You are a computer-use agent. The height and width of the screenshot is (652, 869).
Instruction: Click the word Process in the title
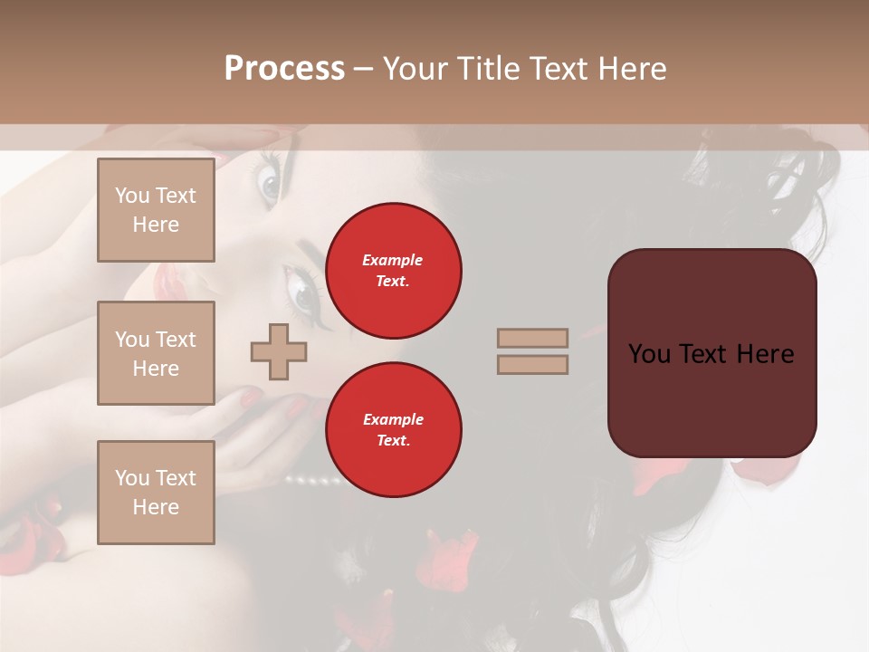[284, 68]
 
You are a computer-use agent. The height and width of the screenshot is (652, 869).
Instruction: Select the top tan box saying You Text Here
[156, 210]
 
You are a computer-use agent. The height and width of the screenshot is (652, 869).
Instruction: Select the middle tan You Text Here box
[156, 353]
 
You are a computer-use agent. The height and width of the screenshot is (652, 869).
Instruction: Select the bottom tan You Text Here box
[156, 493]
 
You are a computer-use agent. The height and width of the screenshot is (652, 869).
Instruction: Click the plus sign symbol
[279, 351]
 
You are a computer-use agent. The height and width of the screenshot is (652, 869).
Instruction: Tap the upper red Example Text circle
[393, 270]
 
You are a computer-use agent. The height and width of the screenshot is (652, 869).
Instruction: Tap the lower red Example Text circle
[393, 429]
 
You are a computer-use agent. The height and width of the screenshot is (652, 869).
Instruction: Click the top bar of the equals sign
[532, 338]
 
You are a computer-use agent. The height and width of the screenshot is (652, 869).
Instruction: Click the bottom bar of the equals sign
[532, 364]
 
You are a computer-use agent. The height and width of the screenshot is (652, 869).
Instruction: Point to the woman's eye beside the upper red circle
[302, 295]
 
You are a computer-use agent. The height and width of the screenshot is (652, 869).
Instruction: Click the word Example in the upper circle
[393, 260]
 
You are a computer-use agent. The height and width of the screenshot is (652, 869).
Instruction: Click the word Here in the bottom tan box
[156, 507]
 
